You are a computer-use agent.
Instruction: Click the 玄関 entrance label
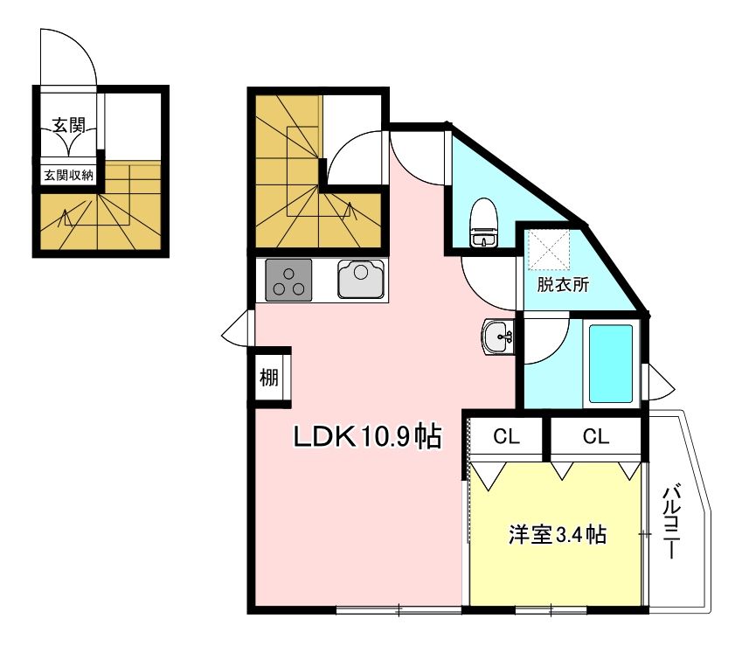point(69,126)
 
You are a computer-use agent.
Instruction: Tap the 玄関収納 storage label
point(69,176)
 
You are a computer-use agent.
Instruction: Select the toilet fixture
point(483,222)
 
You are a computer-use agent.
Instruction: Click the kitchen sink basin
point(361,279)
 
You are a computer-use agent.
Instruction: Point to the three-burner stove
point(288,280)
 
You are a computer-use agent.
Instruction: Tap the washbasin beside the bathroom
point(498,336)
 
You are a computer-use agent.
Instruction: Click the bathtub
point(610,364)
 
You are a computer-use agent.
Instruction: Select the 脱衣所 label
point(563,285)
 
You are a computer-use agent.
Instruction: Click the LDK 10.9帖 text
point(367,436)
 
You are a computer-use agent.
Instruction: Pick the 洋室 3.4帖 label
point(557,535)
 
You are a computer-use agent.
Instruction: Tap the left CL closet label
point(506,436)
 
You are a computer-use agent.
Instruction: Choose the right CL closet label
point(596,436)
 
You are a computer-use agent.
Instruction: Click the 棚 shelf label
point(269,378)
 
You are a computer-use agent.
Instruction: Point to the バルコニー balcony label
point(671,521)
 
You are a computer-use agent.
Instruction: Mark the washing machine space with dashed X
point(550,249)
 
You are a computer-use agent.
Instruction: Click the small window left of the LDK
point(235,329)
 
